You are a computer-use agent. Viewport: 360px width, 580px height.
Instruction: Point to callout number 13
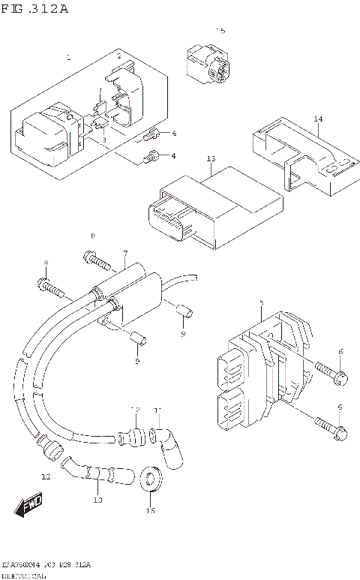pyautogui.click(x=211, y=159)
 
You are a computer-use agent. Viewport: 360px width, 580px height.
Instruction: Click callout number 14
pyautogui.click(x=318, y=119)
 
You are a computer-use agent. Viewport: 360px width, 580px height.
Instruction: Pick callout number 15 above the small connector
pyautogui.click(x=220, y=31)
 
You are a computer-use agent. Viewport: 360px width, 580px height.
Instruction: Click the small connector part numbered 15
pyautogui.click(x=209, y=63)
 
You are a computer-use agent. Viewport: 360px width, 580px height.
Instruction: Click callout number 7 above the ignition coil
pyautogui.click(x=125, y=254)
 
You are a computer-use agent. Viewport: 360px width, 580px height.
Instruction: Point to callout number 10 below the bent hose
pyautogui.click(x=97, y=499)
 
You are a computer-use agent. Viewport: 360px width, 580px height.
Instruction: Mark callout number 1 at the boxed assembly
pyautogui.click(x=68, y=58)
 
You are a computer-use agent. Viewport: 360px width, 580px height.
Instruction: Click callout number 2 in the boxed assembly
pyautogui.click(x=118, y=57)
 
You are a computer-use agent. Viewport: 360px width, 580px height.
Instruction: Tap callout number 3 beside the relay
pyautogui.click(x=103, y=140)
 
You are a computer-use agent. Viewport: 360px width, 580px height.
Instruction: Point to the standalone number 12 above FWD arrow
pyautogui.click(x=46, y=476)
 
